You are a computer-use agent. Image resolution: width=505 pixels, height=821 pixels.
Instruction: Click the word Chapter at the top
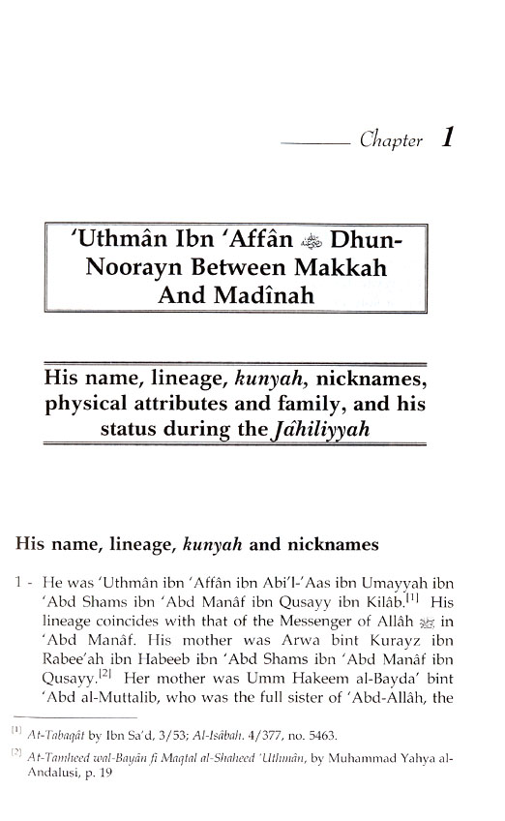391,141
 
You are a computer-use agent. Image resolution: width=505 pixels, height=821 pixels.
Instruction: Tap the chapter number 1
448,137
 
